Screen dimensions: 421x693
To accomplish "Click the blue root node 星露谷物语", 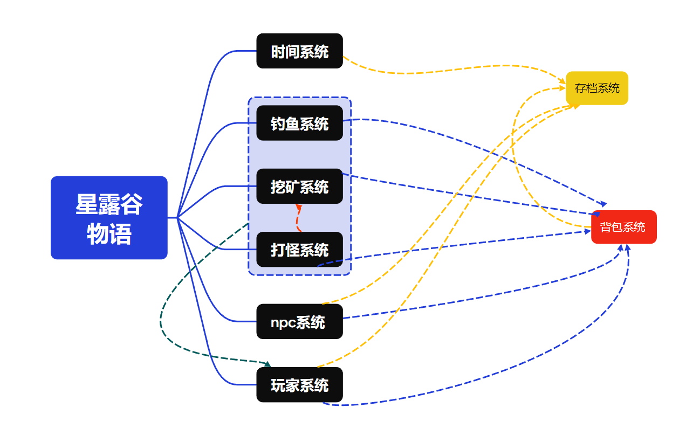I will pos(109,218).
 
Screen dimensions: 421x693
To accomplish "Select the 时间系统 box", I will pos(299,51).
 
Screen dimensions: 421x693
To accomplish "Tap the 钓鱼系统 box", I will pos(299,123).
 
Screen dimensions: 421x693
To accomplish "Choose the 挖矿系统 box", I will pos(299,187).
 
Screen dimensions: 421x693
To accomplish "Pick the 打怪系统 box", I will pos(299,250).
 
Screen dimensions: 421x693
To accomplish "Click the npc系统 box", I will pos(299,322).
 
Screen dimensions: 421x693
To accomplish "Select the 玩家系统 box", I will pos(299,385).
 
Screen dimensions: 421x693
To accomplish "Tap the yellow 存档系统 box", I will pos(597,88).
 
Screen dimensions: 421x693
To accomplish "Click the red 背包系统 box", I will pos(623,227).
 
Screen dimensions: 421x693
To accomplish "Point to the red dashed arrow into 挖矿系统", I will pos(297,218).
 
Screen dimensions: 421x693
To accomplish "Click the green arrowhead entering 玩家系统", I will pos(267,365).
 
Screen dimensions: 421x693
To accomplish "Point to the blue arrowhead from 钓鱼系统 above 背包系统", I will pos(603,204).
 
